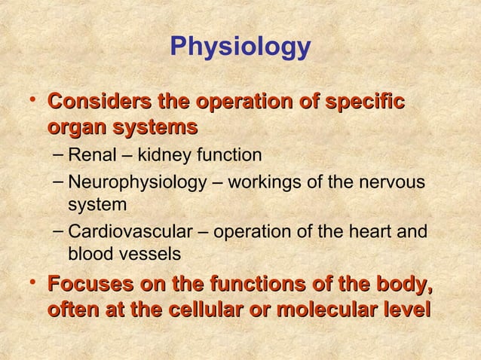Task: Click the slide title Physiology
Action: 240,47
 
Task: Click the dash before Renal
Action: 60,155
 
